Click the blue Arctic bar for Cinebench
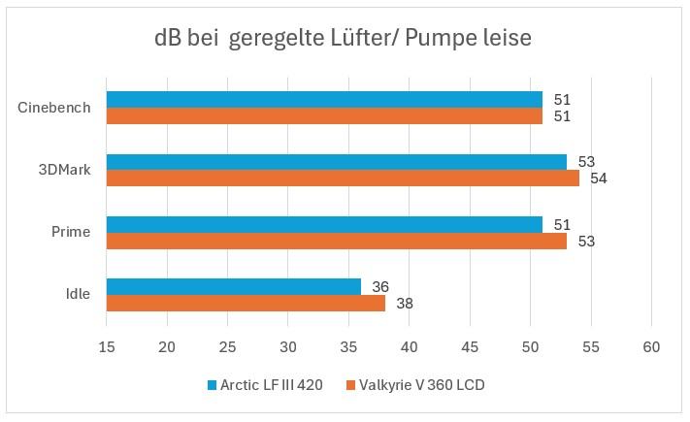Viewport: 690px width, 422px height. pyautogui.click(x=324, y=99)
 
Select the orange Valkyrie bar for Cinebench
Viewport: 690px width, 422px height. pyautogui.click(x=324, y=116)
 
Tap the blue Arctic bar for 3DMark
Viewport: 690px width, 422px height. pyautogui.click(x=336, y=161)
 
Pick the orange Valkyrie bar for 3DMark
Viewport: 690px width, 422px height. pyautogui.click(x=343, y=179)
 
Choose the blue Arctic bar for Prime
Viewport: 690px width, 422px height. pyautogui.click(x=324, y=224)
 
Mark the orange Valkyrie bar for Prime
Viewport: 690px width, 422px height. pyautogui.click(x=336, y=241)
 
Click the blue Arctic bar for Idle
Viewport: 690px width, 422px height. pyautogui.click(x=233, y=286)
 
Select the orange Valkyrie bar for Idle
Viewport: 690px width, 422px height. pyautogui.click(x=246, y=304)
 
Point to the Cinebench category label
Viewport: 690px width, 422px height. pyautogui.click(x=54, y=108)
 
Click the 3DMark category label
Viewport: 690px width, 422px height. pyautogui.click(x=66, y=170)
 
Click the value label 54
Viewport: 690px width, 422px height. pyautogui.click(x=599, y=179)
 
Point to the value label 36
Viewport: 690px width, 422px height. pyautogui.click(x=380, y=286)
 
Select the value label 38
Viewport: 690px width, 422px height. pyautogui.click(x=405, y=304)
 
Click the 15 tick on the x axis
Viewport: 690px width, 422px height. pyautogui.click(x=106, y=347)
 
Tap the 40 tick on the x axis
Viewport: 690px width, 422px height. pyautogui.click(x=410, y=347)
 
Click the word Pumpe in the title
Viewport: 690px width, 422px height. pyautogui.click(x=444, y=39)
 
